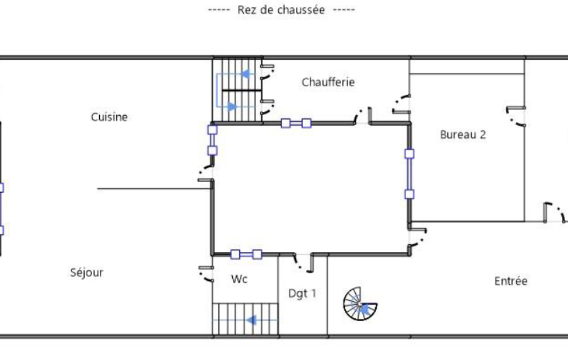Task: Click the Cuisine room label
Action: click(x=109, y=117)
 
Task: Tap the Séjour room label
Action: click(x=86, y=272)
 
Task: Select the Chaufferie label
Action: click(x=328, y=82)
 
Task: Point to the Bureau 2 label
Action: click(x=463, y=135)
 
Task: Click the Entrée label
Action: click(x=511, y=281)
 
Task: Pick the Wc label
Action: click(x=239, y=279)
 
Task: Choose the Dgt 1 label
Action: click(x=302, y=294)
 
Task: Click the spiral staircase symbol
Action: click(x=360, y=304)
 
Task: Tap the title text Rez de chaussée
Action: click(x=281, y=10)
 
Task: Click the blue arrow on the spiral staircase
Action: click(x=364, y=309)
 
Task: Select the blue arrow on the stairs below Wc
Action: click(x=251, y=320)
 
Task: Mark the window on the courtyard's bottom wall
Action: click(x=246, y=254)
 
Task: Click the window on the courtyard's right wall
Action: click(x=410, y=174)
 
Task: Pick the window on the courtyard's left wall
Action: click(x=212, y=140)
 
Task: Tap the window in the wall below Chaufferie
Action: click(x=296, y=124)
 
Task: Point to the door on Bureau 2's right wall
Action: click(x=516, y=116)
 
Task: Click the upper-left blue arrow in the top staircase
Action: click(x=247, y=74)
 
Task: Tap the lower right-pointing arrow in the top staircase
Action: click(x=232, y=106)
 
